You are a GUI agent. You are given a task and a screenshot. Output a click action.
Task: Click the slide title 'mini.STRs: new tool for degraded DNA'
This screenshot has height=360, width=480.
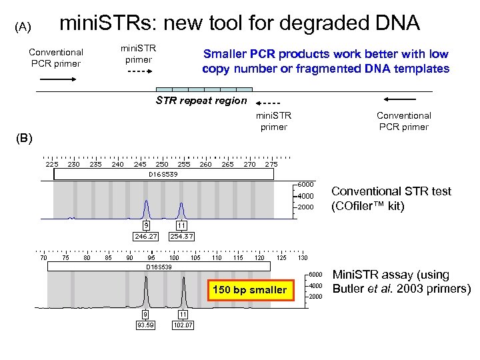[x=239, y=23]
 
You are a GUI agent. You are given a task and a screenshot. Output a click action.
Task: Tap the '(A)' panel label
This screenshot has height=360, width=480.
[x=23, y=27]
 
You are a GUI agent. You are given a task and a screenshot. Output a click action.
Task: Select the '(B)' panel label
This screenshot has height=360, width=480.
[x=23, y=139]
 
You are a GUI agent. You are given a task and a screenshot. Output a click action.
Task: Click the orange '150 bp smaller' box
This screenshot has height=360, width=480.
[x=249, y=289]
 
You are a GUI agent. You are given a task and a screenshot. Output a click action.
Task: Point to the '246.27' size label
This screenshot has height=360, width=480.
[x=145, y=236]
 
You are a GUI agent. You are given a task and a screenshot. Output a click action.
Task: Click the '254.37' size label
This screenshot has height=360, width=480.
[x=181, y=236]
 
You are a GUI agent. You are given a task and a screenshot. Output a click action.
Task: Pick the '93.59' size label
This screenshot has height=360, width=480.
[x=145, y=325]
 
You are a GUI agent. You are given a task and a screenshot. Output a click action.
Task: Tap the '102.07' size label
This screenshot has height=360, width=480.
[x=183, y=325]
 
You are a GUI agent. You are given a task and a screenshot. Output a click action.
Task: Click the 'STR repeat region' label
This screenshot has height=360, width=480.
[x=201, y=101]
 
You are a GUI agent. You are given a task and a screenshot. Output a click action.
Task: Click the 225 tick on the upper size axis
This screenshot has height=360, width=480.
[x=51, y=164]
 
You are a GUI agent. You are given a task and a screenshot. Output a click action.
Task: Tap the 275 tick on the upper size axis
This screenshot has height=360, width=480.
[x=271, y=164]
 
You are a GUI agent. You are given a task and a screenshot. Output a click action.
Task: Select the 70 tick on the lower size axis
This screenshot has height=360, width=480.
[x=43, y=257]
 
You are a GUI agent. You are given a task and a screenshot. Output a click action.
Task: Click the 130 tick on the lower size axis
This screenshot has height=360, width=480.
[x=303, y=257]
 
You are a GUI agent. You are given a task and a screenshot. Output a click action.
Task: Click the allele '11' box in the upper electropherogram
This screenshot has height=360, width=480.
[x=181, y=225]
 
